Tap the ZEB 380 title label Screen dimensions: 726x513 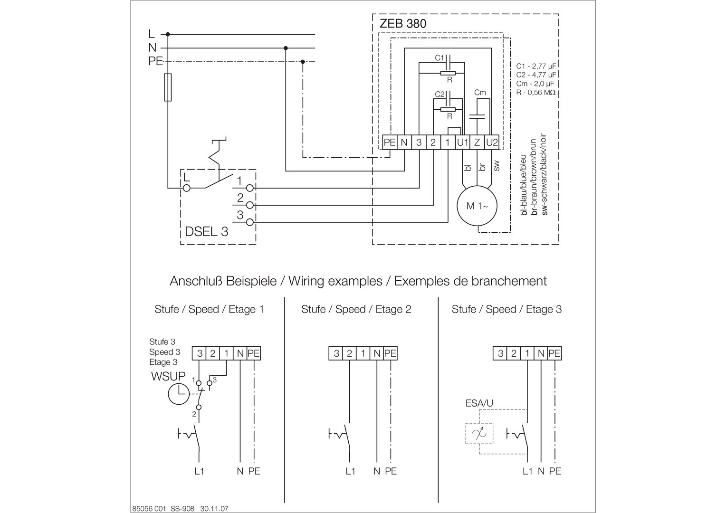click(402, 24)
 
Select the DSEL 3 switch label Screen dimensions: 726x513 click(207, 232)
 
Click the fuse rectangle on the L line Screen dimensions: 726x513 click(168, 87)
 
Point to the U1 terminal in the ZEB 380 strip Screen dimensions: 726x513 click(462, 142)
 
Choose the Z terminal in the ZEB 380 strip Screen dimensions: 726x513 click(477, 142)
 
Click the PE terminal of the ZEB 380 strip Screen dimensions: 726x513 click(390, 142)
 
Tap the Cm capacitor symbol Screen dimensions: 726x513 click(477, 116)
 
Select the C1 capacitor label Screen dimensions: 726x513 click(439, 57)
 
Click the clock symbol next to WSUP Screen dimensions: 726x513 click(179, 394)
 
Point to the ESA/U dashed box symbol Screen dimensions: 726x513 click(479, 433)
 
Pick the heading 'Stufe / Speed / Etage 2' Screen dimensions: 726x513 click(356, 309)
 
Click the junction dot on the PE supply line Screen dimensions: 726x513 click(303, 62)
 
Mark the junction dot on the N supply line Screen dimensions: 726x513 click(286, 48)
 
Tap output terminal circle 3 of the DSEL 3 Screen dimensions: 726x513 click(249, 222)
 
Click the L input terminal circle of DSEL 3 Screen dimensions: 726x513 click(187, 188)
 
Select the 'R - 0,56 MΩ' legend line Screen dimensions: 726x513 click(536, 92)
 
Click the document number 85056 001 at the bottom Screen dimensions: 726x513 click(149, 508)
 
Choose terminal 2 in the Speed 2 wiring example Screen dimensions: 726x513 click(349, 353)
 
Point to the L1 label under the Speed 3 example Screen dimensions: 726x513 click(528, 471)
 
